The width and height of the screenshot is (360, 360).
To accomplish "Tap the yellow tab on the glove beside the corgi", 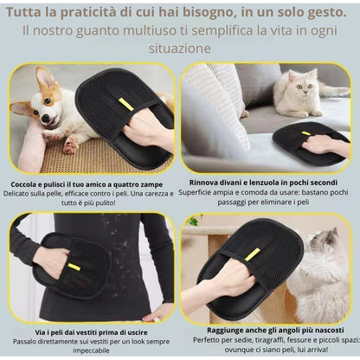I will tap(125, 104).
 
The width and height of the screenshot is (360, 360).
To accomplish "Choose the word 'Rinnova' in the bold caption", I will tap(208, 182).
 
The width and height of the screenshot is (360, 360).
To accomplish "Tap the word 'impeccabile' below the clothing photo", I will tap(91, 350).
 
